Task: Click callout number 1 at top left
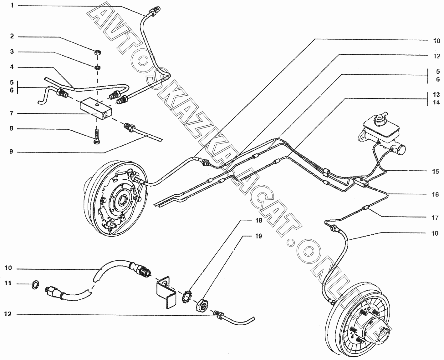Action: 12,5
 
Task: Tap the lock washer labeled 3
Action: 97,67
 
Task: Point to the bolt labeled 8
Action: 97,137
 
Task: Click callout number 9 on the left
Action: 12,152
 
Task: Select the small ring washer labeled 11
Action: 36,284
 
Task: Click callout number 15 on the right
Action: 435,172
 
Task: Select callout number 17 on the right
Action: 435,218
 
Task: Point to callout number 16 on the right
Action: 435,194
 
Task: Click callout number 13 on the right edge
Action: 436,94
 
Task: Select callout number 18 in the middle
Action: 258,221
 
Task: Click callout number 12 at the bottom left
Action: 8,314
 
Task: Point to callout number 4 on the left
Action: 12,67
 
